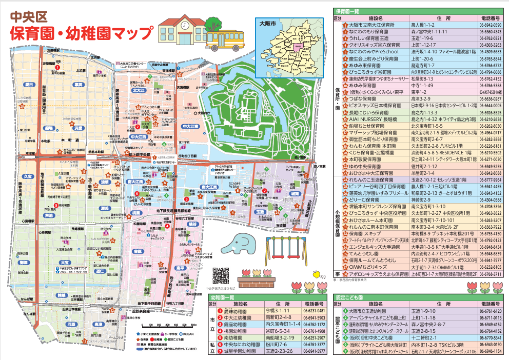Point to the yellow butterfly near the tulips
(316, 273)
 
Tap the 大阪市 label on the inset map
(268, 24)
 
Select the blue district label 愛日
(29, 84)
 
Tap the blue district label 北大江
(139, 90)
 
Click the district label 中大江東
(190, 126)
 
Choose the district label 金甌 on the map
(138, 252)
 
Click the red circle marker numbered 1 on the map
(58, 67)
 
